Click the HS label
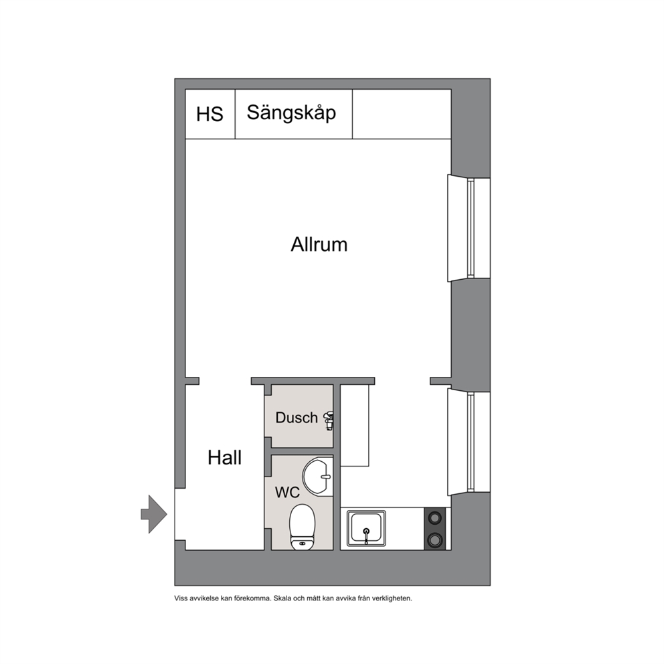(210, 114)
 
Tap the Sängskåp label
(291, 113)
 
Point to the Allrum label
(319, 245)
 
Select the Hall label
(224, 458)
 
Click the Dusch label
(297, 418)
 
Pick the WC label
(287, 492)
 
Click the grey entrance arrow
(154, 514)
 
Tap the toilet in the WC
(302, 527)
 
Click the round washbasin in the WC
(317, 476)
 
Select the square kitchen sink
(366, 528)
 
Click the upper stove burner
(435, 517)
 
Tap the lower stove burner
(435, 540)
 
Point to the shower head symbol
(329, 420)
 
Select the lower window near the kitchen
(469, 442)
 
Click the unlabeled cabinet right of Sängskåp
(402, 114)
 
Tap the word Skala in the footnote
(282, 598)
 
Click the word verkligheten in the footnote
(392, 598)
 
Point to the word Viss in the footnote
(181, 598)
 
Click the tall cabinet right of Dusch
(355, 426)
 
